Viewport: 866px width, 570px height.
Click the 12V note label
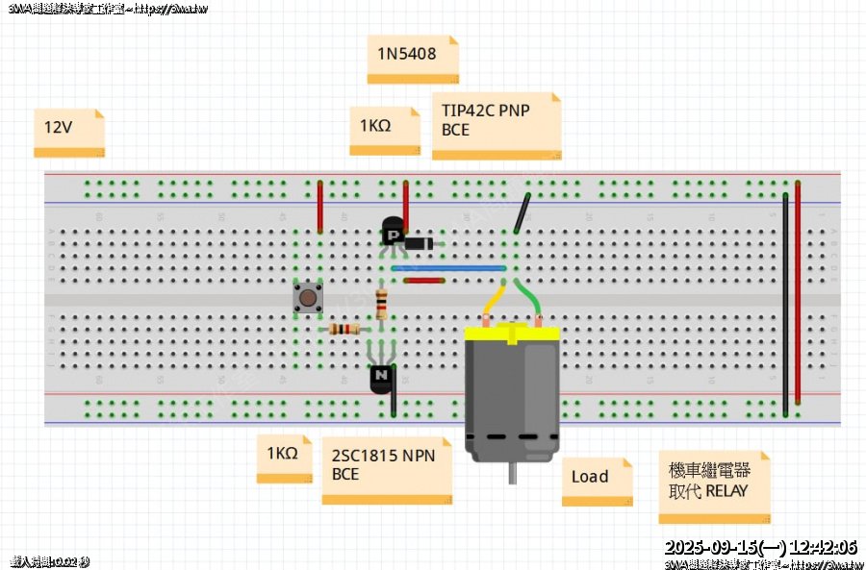tap(68, 132)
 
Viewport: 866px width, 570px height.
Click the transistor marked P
tap(393, 234)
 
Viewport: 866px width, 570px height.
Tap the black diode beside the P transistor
tap(418, 244)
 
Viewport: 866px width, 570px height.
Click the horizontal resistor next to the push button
tap(344, 329)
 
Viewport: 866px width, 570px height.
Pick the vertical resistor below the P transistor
tap(382, 304)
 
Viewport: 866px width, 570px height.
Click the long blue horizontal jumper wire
tap(448, 268)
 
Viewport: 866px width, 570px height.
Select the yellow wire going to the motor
tap(492, 302)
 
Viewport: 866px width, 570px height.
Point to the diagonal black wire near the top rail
tap(522, 214)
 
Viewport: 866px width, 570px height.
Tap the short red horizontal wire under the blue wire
tap(423, 281)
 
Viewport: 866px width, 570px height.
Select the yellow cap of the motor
tap(512, 335)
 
